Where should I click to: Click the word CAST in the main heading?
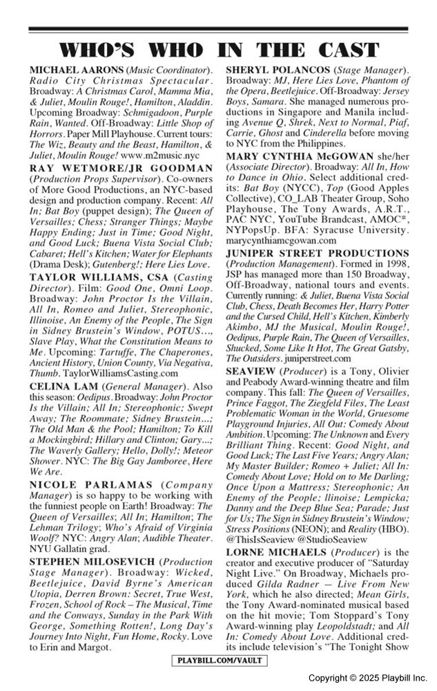click(340, 50)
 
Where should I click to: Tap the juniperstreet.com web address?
click(313, 359)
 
